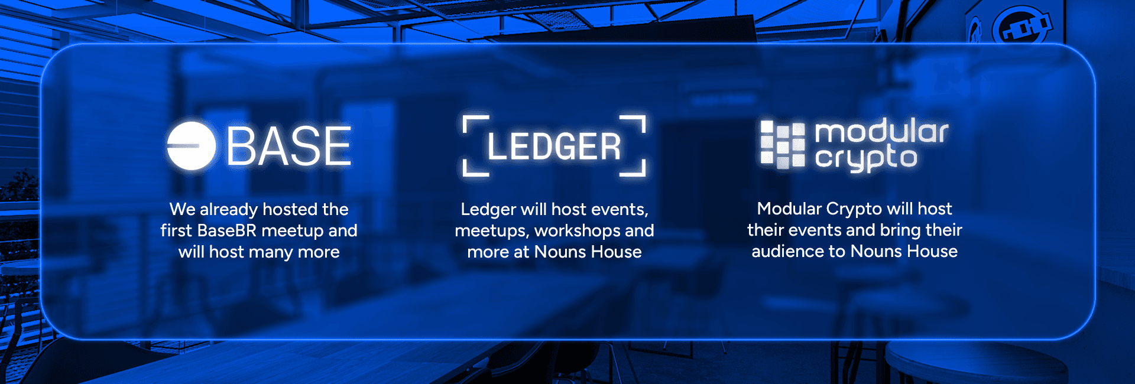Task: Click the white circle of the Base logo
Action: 191,146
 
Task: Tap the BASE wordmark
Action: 289,147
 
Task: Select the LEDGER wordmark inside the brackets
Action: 554,147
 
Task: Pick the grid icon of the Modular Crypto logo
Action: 782,145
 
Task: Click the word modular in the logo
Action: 881,131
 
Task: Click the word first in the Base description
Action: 177,230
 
